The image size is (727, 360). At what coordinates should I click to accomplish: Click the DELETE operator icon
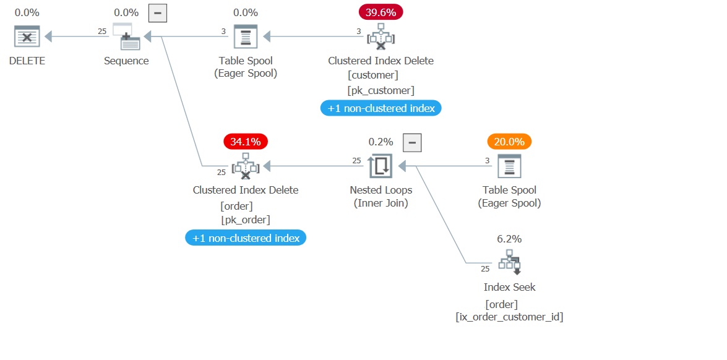[27, 36]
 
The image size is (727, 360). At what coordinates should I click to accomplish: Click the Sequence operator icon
[126, 36]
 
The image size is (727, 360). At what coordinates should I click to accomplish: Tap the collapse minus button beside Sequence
[157, 12]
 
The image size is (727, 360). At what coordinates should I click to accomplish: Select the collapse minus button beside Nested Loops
[412, 142]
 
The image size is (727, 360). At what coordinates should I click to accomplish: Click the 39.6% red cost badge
[381, 12]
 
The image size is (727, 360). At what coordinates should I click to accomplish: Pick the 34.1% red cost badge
[246, 142]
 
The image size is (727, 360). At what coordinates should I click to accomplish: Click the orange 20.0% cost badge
[509, 142]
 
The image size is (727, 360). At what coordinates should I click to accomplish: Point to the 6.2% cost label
[509, 238]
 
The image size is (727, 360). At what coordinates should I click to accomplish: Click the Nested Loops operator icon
[381, 166]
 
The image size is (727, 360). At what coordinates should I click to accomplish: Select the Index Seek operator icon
[509, 262]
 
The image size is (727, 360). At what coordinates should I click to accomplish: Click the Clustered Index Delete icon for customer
[381, 36]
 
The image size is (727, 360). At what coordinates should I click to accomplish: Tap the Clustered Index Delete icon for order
[246, 166]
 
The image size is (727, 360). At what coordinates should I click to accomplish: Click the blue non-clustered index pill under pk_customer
[381, 108]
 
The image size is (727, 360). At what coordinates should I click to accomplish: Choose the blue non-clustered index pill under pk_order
[246, 238]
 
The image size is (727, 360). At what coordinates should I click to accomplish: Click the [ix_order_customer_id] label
[509, 317]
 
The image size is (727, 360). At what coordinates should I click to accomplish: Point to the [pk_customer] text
[381, 91]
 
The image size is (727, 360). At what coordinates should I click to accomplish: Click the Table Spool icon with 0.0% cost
[246, 36]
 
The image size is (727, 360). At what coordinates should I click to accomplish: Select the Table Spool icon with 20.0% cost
[509, 166]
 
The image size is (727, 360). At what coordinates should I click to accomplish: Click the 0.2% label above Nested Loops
[381, 142]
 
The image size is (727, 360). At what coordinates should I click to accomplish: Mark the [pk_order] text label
[246, 220]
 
